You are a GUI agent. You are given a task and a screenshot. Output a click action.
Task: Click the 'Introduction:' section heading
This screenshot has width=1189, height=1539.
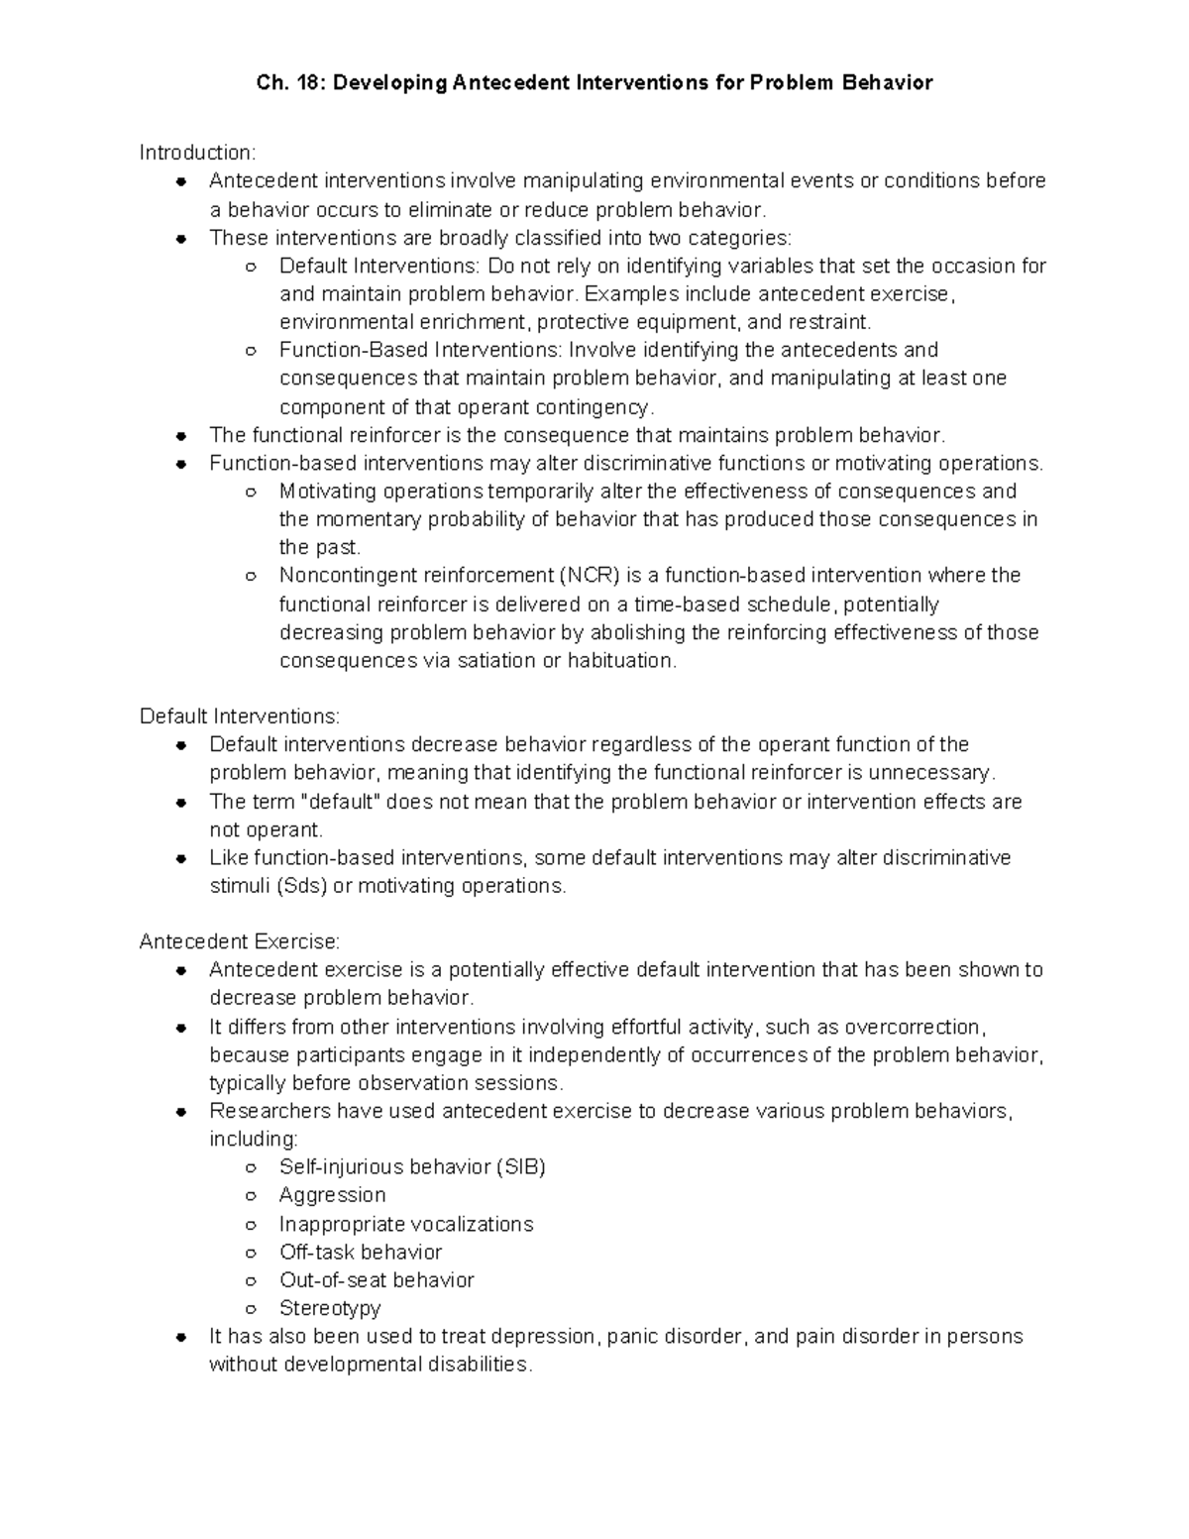tap(197, 153)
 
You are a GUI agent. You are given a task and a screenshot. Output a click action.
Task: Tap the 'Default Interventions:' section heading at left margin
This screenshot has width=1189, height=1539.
tap(239, 715)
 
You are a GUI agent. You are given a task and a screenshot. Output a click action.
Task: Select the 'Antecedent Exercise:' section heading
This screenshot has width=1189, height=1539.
tap(239, 941)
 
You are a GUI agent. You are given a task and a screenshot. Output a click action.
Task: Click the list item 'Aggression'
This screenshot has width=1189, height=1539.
tap(332, 1195)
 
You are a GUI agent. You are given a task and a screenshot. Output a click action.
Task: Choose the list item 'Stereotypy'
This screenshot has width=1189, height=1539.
tap(330, 1308)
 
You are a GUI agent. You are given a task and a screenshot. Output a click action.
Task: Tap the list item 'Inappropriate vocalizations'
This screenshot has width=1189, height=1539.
tap(406, 1224)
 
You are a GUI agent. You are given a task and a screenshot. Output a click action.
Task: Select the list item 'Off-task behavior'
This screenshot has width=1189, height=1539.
tap(361, 1252)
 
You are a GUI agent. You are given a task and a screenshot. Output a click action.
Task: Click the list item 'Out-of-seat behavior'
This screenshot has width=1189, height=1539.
tap(377, 1280)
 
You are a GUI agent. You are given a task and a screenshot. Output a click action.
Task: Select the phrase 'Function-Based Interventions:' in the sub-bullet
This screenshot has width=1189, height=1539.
tap(420, 350)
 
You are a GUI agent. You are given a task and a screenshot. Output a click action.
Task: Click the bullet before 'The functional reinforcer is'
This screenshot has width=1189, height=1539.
tap(180, 436)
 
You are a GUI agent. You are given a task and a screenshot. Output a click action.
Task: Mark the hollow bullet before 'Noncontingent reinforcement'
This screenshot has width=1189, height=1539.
tap(252, 577)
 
